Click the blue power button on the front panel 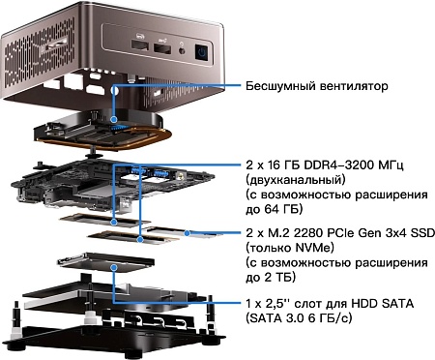tap(202, 52)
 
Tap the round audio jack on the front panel tap(183, 50)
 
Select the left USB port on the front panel tap(140, 45)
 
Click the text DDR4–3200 tap(345, 165)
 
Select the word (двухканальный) tap(295, 180)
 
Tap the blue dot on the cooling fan tap(113, 119)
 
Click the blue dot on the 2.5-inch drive tap(113, 267)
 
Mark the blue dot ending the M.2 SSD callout tap(188, 232)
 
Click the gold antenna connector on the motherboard tap(181, 176)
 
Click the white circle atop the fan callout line tap(114, 90)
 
